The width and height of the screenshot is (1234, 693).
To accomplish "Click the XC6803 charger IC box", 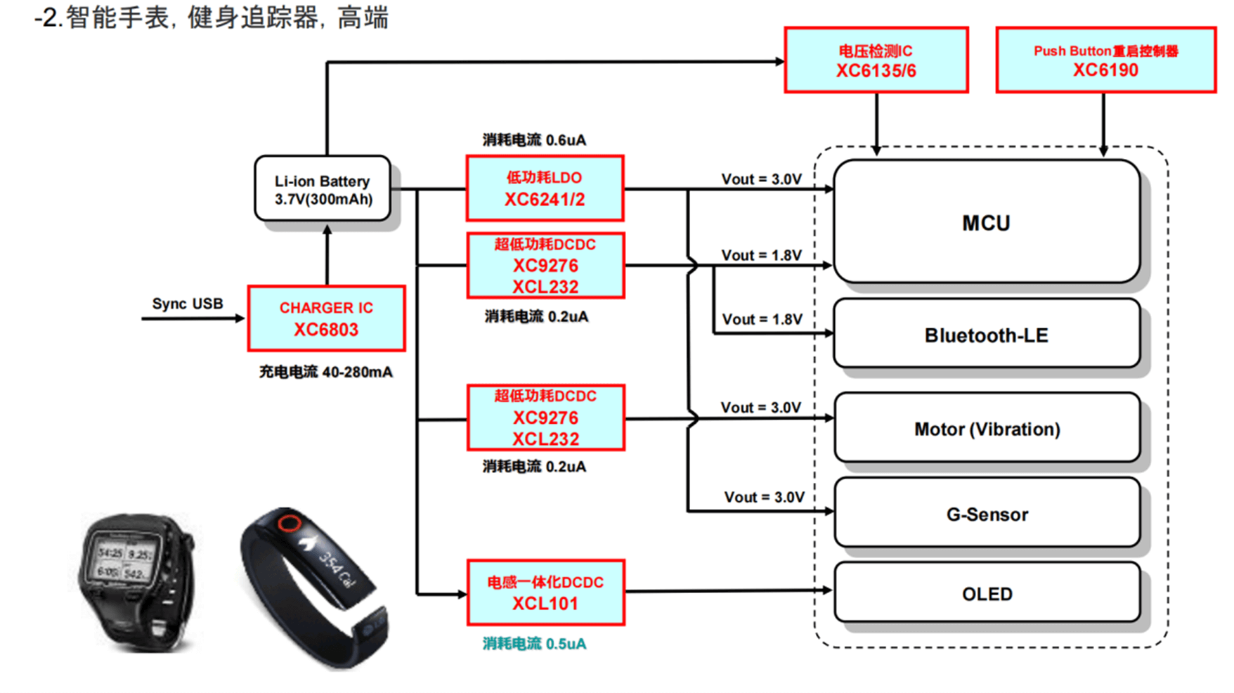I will (x=326, y=318).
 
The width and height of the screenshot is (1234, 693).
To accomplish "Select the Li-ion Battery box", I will (x=323, y=189).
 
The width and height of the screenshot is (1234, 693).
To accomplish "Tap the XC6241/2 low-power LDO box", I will (x=545, y=188).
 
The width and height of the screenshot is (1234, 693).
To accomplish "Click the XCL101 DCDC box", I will (x=545, y=592).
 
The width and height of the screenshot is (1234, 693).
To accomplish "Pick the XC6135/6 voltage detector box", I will (x=876, y=60).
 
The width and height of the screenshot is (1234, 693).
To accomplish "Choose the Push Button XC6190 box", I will (x=1105, y=60).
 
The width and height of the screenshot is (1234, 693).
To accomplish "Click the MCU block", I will (x=986, y=222).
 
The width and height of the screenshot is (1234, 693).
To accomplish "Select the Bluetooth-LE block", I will (x=986, y=335).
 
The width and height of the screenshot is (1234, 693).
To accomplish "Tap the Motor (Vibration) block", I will (x=987, y=428).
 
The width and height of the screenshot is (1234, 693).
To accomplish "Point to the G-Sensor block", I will (x=987, y=514).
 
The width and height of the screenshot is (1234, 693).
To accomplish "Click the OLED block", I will (x=987, y=593).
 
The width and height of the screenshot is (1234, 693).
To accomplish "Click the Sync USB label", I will (x=187, y=304).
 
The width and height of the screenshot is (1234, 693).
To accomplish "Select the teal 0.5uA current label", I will (x=534, y=644).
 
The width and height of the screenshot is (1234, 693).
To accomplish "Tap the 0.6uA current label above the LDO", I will (x=534, y=140).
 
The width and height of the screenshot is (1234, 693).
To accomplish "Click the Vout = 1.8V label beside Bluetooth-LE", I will (x=762, y=319).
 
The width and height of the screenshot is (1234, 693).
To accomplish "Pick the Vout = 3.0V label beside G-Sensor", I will (x=764, y=497).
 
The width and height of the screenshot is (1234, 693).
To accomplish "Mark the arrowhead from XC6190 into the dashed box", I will (x=1103, y=150).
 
